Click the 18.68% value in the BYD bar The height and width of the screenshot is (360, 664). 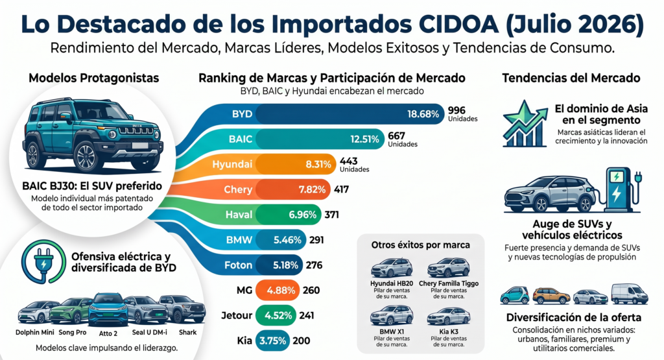coord(423,114)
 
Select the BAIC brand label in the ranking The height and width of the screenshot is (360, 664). coord(240,139)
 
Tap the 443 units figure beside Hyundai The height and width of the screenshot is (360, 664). coord(348,161)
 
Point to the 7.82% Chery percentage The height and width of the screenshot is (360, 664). coord(312,189)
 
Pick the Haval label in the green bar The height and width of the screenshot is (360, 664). coord(239,215)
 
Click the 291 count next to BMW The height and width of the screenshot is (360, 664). coord(316,240)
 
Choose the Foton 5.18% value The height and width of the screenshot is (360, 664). coord(285,265)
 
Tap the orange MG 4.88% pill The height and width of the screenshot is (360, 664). coord(278,290)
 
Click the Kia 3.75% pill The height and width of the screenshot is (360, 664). coord(273,341)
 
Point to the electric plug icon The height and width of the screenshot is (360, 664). coord(43,262)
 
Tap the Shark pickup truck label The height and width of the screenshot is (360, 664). coord(187,333)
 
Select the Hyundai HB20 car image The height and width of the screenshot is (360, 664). coord(392,269)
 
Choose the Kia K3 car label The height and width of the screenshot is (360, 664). coord(449,331)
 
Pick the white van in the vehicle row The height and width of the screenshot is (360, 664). coord(629,294)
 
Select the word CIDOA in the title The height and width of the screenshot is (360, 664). coord(458,24)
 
